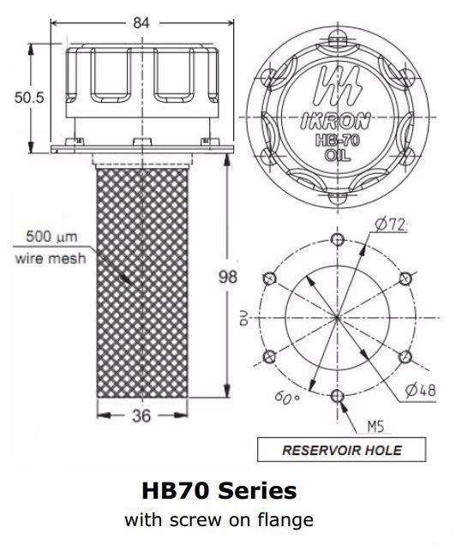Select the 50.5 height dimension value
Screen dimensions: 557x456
[28, 97]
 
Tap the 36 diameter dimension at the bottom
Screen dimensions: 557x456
[141, 416]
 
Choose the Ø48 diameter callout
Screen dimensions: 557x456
[417, 390]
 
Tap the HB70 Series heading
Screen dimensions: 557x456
[219, 491]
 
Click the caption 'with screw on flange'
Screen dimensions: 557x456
[219, 519]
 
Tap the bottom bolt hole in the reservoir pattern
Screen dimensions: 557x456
[338, 395]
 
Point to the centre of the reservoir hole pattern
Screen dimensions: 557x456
[338, 317]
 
